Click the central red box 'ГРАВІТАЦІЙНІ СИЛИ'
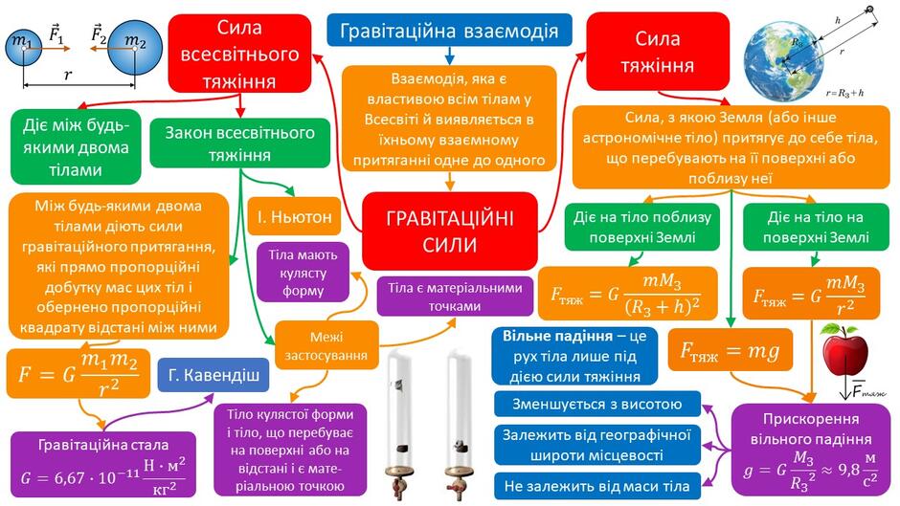click(449, 231)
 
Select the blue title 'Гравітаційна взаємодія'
click(449, 31)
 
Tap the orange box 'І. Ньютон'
click(294, 216)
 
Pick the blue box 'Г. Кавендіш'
click(213, 375)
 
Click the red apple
click(844, 349)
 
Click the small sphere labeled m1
click(24, 48)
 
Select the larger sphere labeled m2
click(135, 48)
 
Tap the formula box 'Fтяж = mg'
click(730, 349)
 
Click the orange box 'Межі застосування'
click(326, 346)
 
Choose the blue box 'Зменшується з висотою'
click(596, 404)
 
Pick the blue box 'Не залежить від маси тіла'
click(596, 487)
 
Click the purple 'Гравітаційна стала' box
click(103, 465)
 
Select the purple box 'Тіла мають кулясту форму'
click(303, 273)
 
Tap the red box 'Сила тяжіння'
click(658, 52)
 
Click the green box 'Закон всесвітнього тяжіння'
click(240, 143)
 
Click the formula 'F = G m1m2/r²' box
click(79, 373)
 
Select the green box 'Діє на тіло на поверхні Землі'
click(816, 228)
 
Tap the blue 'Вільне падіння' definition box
click(574, 356)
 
